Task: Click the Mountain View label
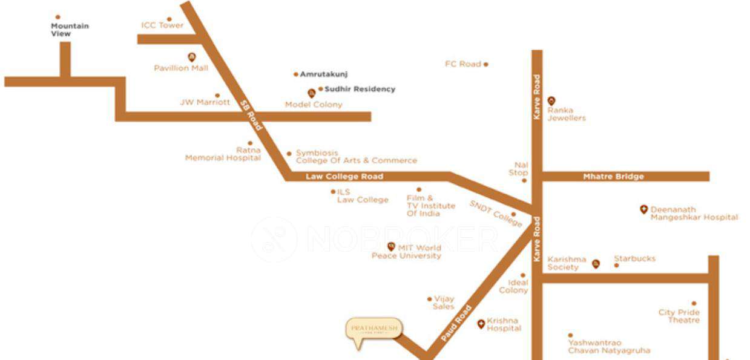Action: click(70, 30)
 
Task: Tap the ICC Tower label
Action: click(162, 25)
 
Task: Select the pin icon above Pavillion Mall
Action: click(192, 57)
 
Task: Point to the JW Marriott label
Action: click(205, 102)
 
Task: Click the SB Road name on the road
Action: click(251, 115)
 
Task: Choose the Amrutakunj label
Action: click(324, 74)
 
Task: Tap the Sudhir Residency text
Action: click(360, 89)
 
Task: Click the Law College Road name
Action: click(344, 177)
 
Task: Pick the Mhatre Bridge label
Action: click(613, 177)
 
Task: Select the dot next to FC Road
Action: click(486, 64)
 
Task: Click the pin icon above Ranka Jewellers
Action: click(551, 100)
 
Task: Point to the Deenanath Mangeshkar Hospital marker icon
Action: click(643, 209)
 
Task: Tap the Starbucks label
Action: click(634, 259)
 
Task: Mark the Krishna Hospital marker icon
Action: click(481, 324)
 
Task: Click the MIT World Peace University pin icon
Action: click(391, 246)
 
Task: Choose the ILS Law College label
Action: click(362, 196)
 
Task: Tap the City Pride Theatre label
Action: click(679, 316)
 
